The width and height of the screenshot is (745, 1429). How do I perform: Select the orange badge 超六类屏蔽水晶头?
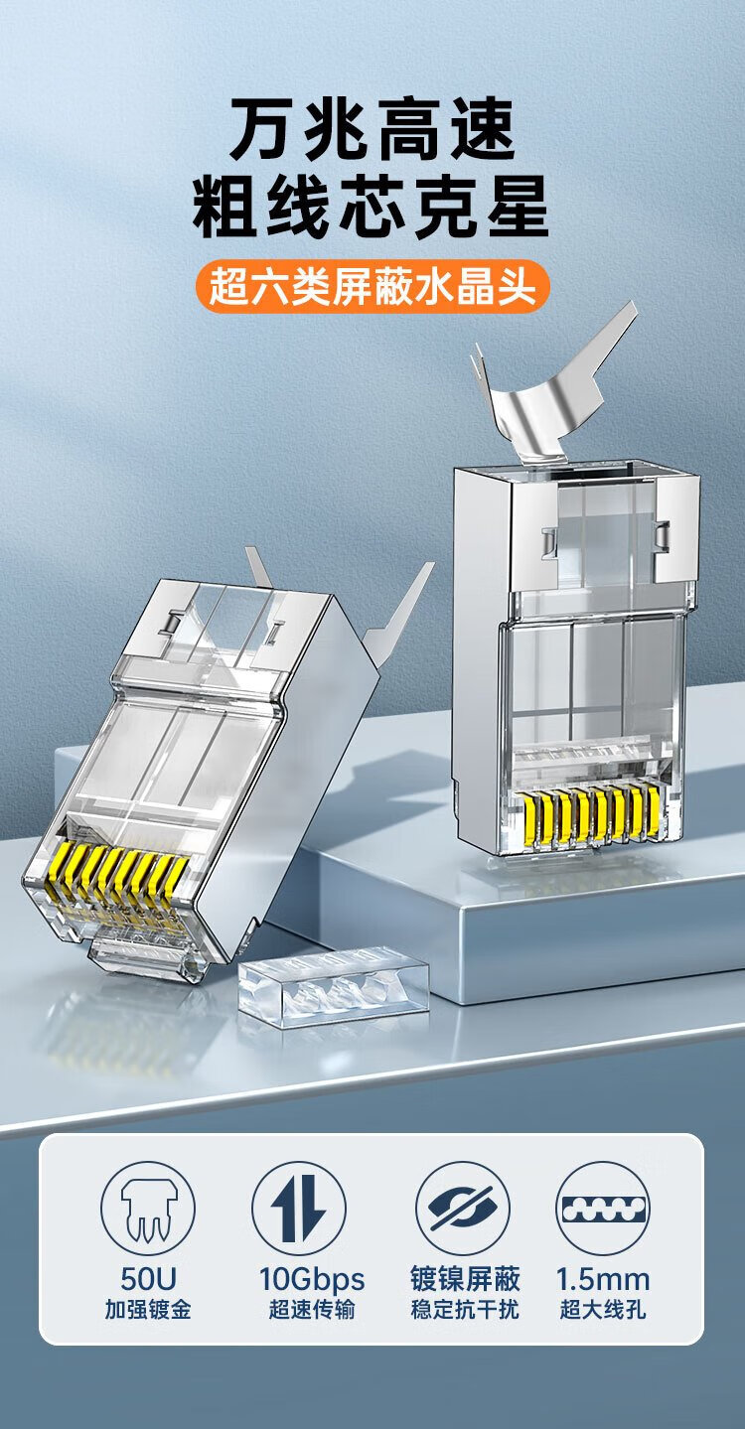pos(372,286)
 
